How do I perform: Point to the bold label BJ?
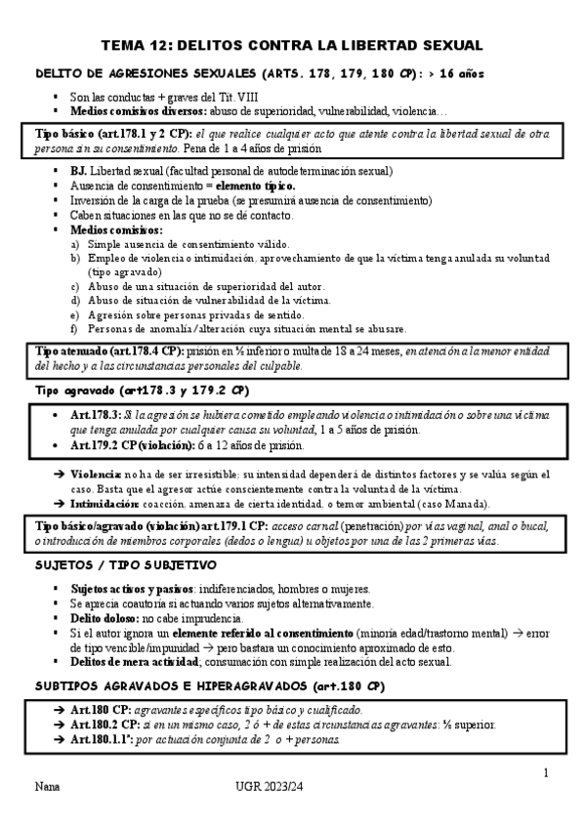tap(77, 171)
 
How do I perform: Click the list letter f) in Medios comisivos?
tap(75, 329)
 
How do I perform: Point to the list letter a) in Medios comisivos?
tap(75, 244)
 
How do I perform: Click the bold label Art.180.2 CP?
tap(107, 724)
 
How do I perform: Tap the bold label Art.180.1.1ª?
tap(105, 739)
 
